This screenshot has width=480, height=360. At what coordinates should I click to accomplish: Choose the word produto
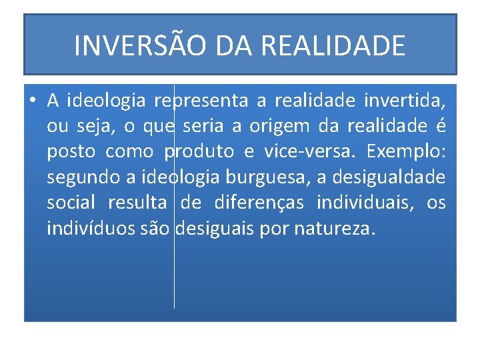click(x=199, y=152)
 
